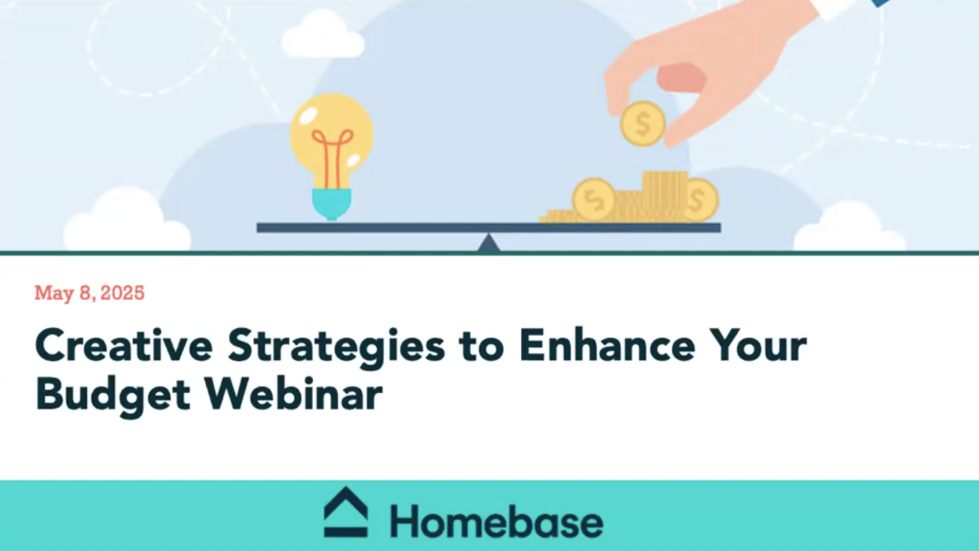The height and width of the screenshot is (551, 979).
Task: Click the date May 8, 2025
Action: point(90,293)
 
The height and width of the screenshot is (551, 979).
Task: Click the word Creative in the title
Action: point(123,346)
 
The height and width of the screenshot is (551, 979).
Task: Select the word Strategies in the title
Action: point(336,347)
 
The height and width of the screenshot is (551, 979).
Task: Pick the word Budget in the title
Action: point(113,394)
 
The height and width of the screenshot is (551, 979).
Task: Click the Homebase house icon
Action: point(345,512)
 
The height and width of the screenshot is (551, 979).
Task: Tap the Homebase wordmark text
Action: point(496,522)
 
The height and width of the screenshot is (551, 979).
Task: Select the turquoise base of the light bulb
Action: point(332,203)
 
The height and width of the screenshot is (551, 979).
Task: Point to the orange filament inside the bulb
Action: point(332,154)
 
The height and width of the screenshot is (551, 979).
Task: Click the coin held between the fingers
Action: point(642,124)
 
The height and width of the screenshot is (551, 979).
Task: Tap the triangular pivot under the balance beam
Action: point(489,243)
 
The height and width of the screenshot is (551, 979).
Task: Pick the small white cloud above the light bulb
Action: point(322,36)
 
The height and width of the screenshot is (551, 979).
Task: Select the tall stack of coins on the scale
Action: point(664,195)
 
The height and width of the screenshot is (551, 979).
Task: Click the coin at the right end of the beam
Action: point(699,200)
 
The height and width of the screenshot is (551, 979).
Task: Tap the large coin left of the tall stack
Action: point(594,199)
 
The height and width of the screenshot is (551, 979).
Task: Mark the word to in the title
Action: point(480,347)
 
